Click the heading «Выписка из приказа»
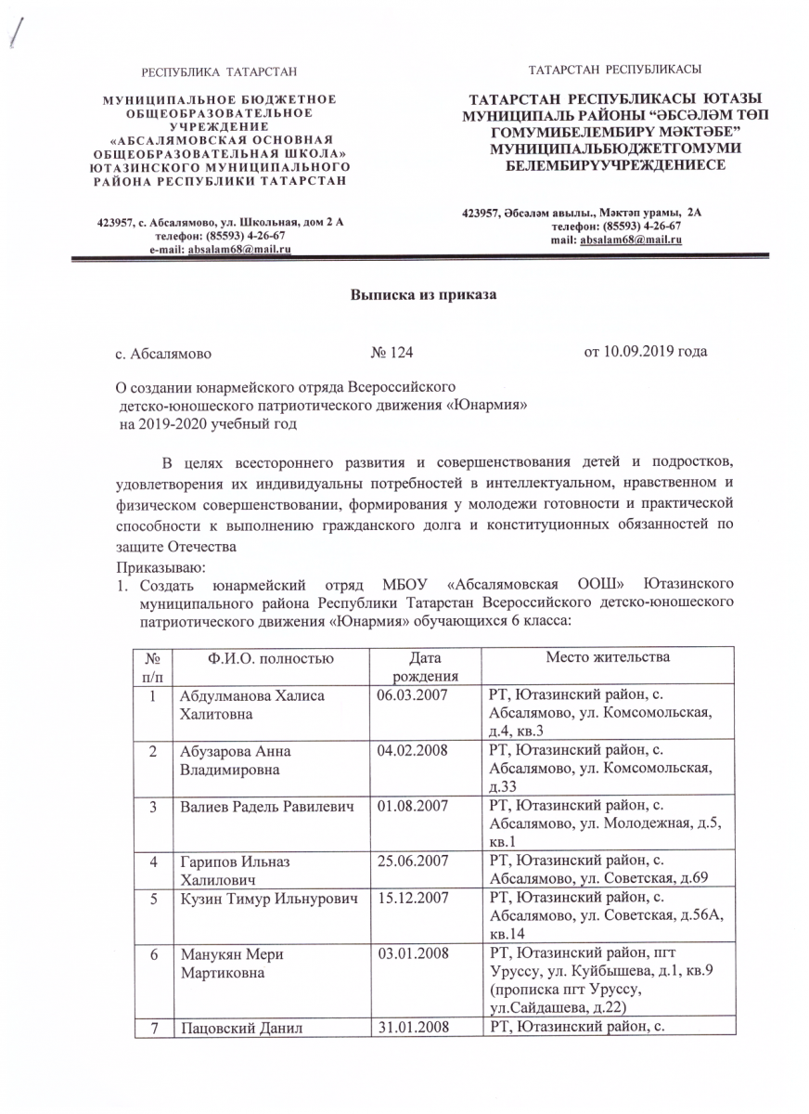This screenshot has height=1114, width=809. (x=424, y=296)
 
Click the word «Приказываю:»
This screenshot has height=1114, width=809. (x=153, y=565)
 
